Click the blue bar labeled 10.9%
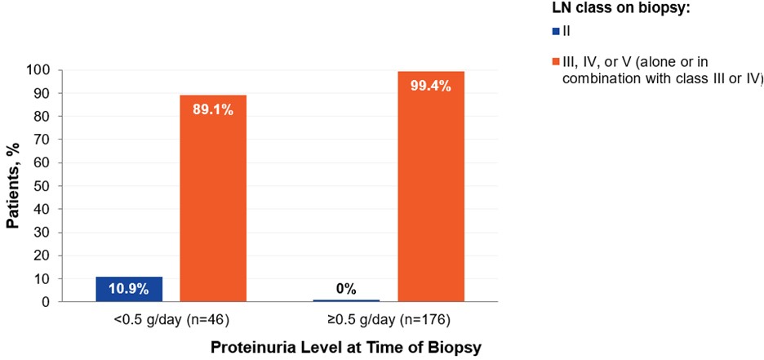point(129,289)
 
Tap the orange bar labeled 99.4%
point(431,196)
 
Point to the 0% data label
point(347,287)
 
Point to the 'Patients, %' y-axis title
point(14,186)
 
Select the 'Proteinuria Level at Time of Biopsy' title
point(347,347)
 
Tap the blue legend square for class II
point(556,31)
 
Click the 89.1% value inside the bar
point(214,109)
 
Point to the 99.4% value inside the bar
point(431,86)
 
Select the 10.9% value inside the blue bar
point(129,290)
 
